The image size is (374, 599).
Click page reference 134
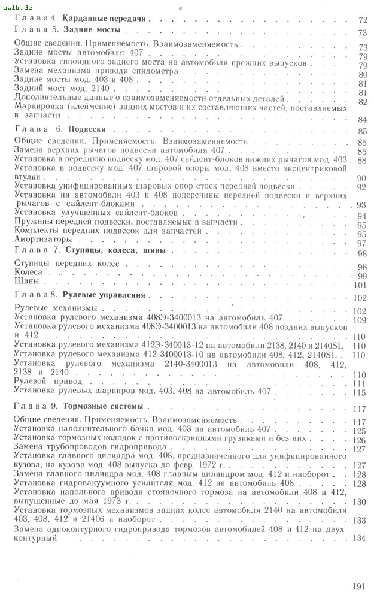[x=358, y=538]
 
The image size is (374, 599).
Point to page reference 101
[x=359, y=285]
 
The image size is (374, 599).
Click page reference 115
[x=359, y=393]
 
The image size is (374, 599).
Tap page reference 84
[x=361, y=120]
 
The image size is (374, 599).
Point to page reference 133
[x=359, y=520]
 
